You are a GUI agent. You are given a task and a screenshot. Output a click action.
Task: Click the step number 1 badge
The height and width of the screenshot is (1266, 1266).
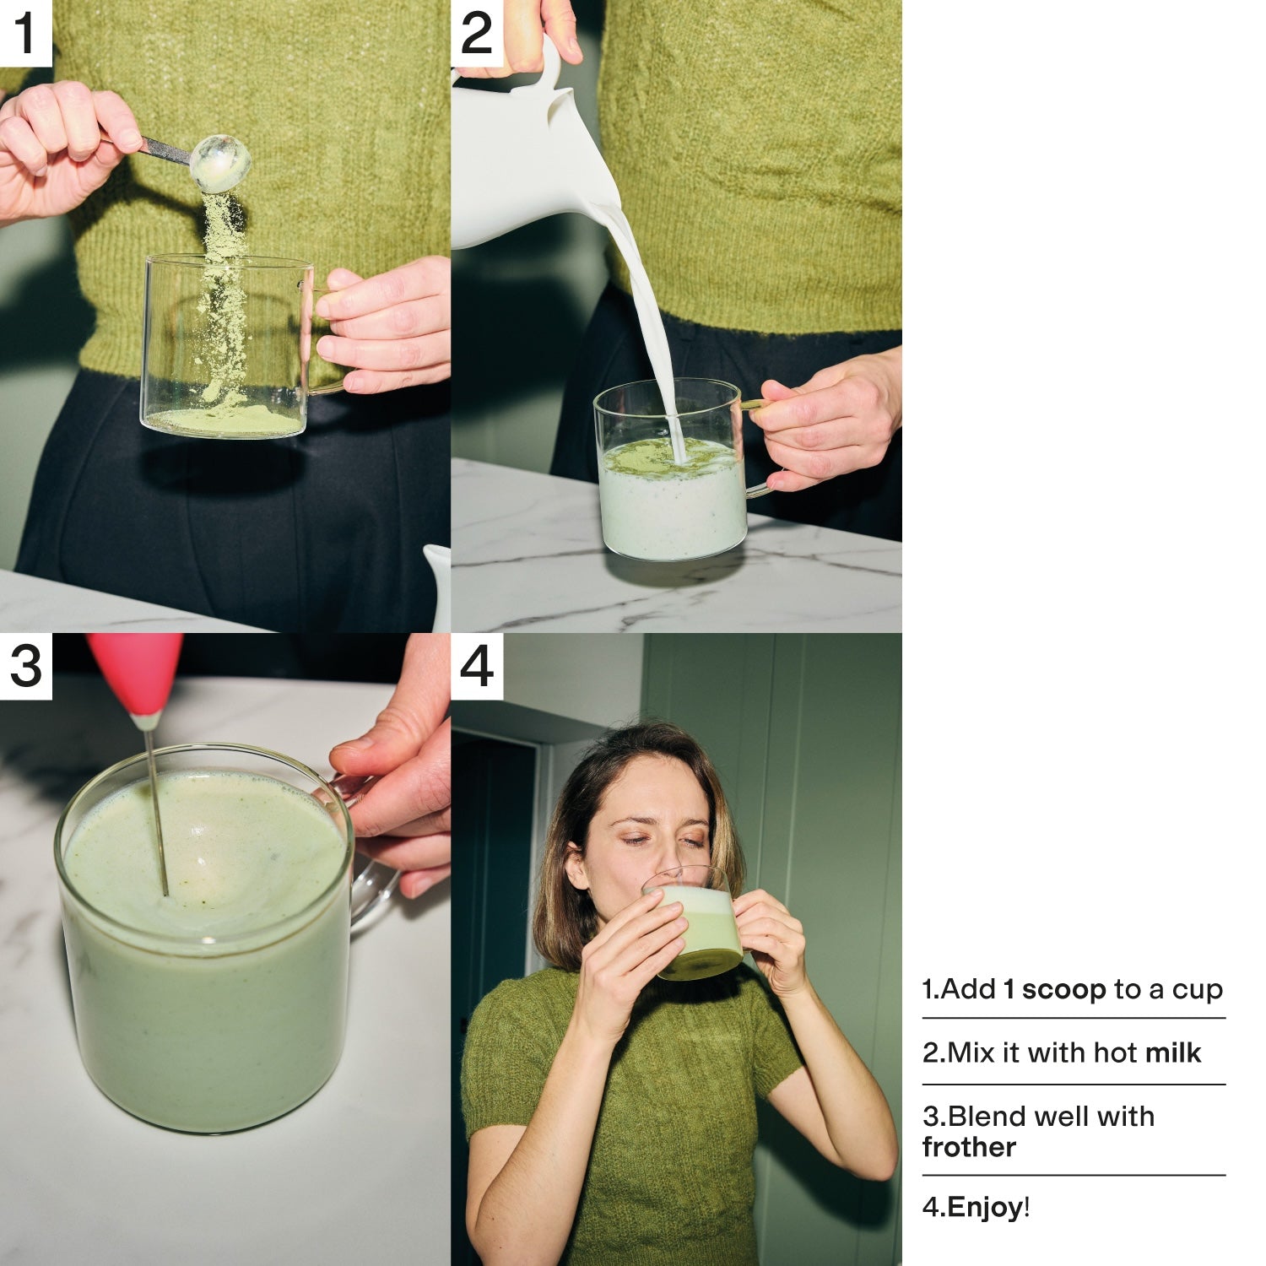26,33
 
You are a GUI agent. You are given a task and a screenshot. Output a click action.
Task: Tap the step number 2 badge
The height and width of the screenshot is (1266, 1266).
477,33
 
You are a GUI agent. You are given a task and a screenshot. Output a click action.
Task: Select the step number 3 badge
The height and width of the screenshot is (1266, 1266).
26,666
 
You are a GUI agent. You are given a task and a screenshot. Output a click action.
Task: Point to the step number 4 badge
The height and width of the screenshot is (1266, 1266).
477,666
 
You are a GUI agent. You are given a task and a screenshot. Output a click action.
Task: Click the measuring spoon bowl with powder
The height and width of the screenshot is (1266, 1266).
219,163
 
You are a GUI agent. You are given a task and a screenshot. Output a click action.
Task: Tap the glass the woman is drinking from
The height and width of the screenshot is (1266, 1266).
693,923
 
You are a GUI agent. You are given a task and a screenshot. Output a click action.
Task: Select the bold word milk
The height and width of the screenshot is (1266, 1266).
1173,1052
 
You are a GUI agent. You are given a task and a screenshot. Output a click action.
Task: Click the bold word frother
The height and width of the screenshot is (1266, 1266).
969,1147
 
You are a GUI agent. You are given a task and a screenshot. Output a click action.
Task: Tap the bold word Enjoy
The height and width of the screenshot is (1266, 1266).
985,1208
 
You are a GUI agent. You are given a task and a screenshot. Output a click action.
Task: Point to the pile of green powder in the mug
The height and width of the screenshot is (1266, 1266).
224,418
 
